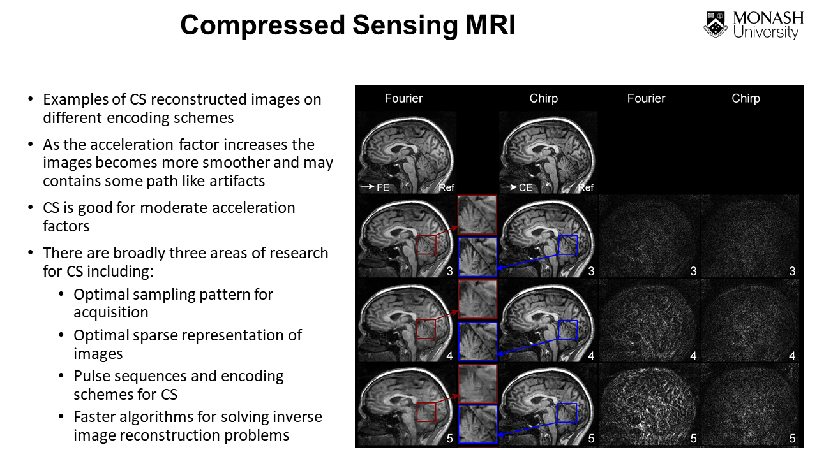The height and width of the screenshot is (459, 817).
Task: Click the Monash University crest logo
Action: (x=716, y=25)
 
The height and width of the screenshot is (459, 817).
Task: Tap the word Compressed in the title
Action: (x=262, y=25)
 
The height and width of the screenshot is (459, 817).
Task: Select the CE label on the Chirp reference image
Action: (x=525, y=187)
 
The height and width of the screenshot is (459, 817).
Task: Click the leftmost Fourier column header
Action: (x=403, y=98)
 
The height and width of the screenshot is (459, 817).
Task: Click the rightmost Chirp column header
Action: (x=746, y=98)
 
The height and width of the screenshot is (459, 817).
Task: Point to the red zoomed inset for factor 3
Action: (x=477, y=215)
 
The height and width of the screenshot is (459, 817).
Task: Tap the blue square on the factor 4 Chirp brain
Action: (x=567, y=330)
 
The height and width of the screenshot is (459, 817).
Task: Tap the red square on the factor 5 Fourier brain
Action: (x=426, y=412)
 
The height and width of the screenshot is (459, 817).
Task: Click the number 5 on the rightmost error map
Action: (x=792, y=439)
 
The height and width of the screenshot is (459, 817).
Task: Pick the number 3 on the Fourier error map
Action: (x=693, y=272)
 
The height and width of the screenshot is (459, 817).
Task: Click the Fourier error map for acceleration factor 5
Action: (x=649, y=404)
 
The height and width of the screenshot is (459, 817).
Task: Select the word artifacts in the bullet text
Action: (x=230, y=181)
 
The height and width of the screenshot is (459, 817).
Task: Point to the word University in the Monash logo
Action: (x=766, y=33)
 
